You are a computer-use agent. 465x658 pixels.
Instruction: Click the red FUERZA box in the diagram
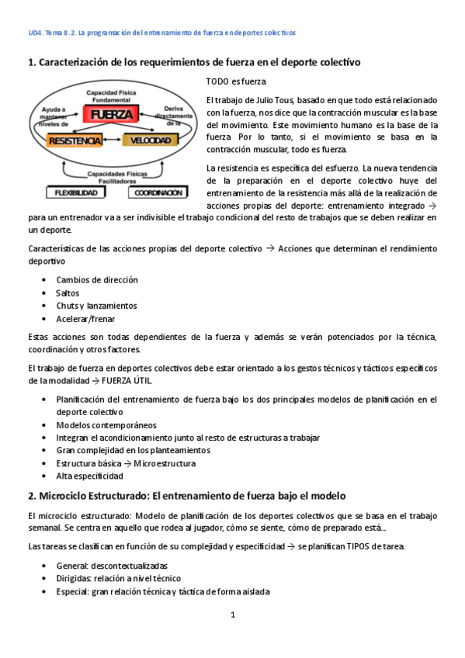113,114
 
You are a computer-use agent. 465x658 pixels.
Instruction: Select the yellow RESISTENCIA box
75,140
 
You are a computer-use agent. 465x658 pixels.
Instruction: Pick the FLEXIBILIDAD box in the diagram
75,192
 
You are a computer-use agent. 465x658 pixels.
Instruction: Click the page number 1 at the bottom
232,615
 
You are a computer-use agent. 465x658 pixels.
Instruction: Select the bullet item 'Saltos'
68,293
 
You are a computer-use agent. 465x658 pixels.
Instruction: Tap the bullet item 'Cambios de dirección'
97,279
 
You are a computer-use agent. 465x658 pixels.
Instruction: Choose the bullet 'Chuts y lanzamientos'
96,306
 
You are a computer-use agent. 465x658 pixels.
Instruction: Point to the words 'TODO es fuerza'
236,81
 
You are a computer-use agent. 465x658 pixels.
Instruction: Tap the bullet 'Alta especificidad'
89,476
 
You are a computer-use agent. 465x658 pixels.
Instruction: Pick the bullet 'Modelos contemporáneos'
106,424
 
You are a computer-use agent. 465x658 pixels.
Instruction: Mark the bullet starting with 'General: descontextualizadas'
112,565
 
